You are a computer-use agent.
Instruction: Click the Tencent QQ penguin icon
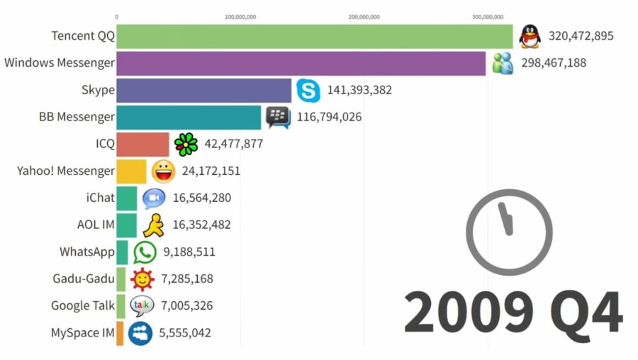[529, 36]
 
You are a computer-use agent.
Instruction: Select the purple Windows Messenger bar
[301, 63]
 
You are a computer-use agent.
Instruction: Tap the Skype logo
[308, 91]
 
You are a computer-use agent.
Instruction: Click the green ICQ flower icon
[186, 144]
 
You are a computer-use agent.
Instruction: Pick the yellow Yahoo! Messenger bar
[131, 171]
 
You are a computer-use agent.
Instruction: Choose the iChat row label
[100, 198]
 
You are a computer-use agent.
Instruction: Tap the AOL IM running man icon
[153, 225]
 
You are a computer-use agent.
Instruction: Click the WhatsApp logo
[145, 252]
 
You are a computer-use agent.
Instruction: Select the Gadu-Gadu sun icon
[142, 279]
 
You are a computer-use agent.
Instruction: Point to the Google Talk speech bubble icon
[142, 306]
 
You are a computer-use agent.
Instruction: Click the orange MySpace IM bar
[120, 333]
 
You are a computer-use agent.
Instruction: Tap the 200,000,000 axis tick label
[364, 17]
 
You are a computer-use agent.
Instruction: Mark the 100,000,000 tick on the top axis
[241, 17]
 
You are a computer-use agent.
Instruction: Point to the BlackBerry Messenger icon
[278, 117]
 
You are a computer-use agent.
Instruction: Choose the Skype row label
[98, 90]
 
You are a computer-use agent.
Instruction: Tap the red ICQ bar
[142, 144]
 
